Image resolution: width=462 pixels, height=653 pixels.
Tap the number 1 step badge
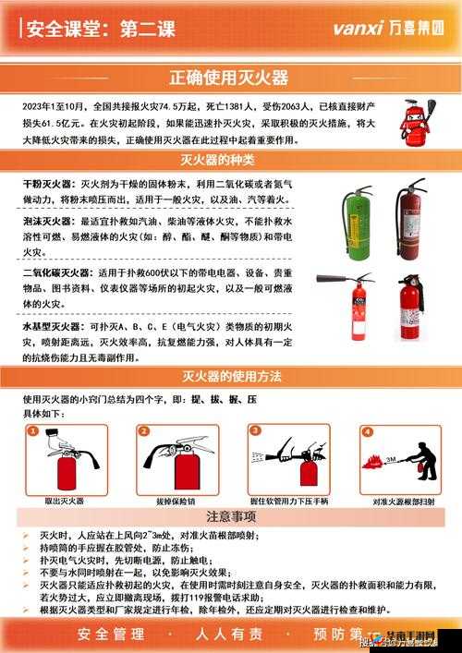tap(33, 430)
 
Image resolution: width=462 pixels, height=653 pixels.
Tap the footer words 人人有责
tap(228, 635)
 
